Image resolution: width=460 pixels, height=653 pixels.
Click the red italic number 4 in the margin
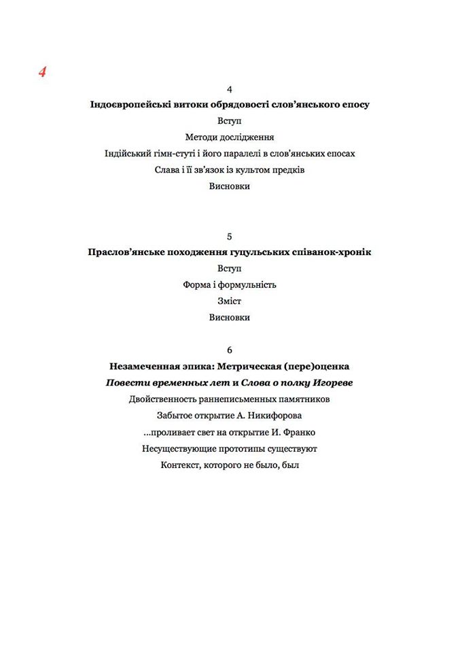[x=42, y=72]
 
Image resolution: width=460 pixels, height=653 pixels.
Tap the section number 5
[x=230, y=236]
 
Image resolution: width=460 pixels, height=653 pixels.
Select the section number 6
[x=230, y=350]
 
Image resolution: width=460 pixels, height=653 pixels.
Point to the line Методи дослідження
[x=230, y=137]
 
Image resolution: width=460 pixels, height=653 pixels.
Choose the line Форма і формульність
[x=230, y=285]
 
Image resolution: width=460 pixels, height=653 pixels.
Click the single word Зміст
[x=230, y=301]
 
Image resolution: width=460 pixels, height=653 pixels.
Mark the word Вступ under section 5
[x=230, y=269]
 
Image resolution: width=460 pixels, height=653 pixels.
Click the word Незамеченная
[x=145, y=367]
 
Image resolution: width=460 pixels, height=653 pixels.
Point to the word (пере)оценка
[x=319, y=367]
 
